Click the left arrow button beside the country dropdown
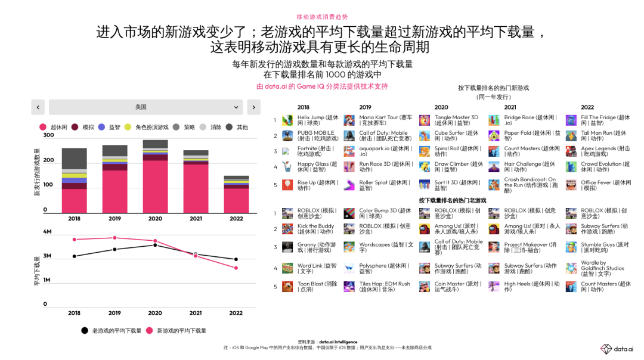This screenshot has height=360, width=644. [x=37, y=107]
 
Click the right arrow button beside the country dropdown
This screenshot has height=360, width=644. [x=253, y=107]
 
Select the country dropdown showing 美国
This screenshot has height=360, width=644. [x=145, y=107]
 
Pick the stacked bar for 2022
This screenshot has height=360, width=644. [x=236, y=194]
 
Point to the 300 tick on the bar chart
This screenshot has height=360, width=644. [x=48, y=135]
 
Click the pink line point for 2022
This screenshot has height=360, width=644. [x=236, y=268]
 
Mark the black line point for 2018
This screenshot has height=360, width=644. [x=74, y=256]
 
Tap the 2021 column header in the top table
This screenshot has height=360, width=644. [x=510, y=107]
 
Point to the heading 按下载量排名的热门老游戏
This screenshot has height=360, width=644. [x=452, y=201]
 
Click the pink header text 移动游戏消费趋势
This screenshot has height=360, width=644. [x=322, y=17]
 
